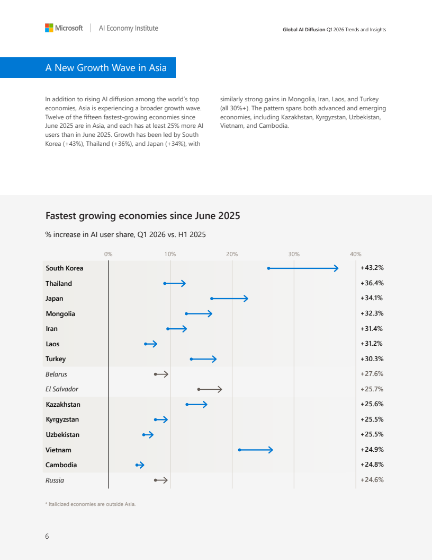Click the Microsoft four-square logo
49,28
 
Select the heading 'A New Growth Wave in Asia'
106,68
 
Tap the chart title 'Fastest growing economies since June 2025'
142,216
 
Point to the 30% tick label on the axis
294,254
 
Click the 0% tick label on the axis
109,254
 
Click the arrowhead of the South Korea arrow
336,268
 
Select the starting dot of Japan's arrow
212,299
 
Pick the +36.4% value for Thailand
372,283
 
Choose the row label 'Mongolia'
60,313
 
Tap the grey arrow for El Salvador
210,389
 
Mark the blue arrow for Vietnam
256,450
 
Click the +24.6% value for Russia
372,480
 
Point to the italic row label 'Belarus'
56,374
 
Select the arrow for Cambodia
140,465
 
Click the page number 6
47,537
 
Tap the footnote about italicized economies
90,504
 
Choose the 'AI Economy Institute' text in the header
128,28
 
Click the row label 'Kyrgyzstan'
62,419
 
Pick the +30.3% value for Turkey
372,359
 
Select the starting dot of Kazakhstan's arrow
187,405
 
